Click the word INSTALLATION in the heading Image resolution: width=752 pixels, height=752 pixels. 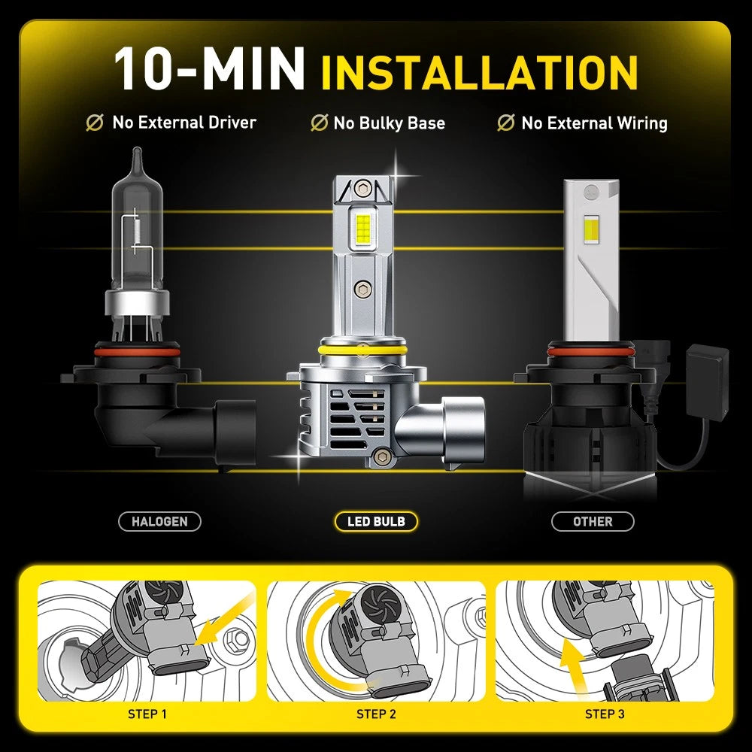(x=479, y=71)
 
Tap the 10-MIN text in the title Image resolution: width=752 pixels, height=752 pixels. (x=209, y=70)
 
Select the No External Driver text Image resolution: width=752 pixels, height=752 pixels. (x=184, y=123)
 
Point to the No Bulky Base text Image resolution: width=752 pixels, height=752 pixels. (x=389, y=123)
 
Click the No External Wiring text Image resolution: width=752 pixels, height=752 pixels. (x=594, y=123)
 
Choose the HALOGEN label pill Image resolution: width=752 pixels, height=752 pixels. (x=159, y=521)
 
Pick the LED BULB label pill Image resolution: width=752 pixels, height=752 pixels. (x=375, y=521)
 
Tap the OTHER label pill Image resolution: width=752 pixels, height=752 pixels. (x=593, y=521)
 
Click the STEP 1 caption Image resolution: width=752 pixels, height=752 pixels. (x=148, y=714)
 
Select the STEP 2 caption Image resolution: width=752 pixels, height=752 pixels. (x=376, y=714)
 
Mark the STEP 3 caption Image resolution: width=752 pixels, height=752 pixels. (x=605, y=714)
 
